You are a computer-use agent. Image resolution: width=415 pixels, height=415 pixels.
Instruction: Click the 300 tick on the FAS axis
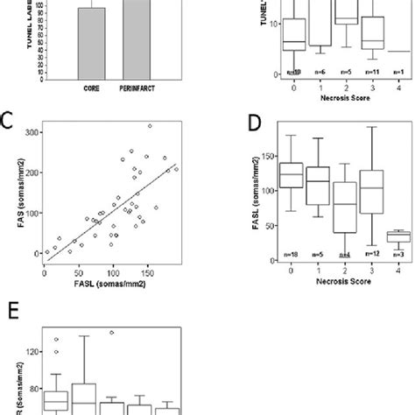[x=32, y=131]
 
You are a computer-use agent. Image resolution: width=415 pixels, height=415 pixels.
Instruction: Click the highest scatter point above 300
[x=150, y=126]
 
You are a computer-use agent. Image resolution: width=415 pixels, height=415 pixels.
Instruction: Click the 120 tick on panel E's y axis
[x=32, y=351]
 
